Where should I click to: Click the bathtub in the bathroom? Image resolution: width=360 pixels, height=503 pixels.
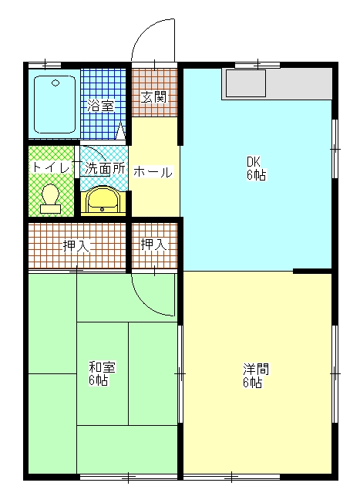[55, 105]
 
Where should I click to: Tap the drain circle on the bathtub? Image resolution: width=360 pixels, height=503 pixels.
[56, 83]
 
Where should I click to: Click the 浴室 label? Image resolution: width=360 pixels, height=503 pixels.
[101, 106]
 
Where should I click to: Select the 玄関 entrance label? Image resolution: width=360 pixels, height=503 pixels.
[154, 97]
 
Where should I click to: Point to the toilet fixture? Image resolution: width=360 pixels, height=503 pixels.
[50, 199]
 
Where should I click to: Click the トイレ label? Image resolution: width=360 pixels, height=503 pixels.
[52, 167]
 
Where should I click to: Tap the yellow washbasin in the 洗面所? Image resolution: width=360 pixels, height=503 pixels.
[103, 200]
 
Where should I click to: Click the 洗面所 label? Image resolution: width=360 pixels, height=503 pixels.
[105, 168]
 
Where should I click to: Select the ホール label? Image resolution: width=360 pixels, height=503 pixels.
[153, 172]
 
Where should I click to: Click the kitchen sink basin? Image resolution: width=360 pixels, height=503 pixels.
[246, 83]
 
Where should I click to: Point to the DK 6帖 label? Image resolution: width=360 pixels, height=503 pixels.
[256, 168]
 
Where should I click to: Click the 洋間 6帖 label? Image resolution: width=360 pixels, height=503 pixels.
[255, 375]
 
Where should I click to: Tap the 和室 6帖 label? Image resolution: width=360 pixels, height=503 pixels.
[102, 373]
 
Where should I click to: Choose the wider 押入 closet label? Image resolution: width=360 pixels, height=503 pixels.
[76, 246]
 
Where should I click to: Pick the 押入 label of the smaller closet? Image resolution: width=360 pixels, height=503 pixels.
[154, 245]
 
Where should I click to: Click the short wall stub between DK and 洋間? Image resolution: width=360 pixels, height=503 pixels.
[312, 272]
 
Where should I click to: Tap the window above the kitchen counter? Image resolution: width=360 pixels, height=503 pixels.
[257, 65]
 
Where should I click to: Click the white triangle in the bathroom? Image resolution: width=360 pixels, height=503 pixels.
[120, 131]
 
